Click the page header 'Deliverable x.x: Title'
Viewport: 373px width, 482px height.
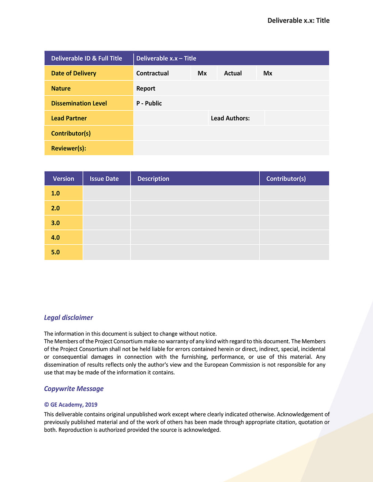point(298,20)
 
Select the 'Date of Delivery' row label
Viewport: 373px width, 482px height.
point(74,73)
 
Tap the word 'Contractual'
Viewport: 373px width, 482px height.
point(152,73)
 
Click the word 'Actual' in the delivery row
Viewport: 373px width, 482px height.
point(233,73)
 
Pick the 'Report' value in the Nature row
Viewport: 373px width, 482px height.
point(146,88)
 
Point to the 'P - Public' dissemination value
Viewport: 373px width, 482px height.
point(149,103)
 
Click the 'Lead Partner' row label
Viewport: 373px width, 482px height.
point(69,118)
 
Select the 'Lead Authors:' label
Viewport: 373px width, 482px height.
point(230,118)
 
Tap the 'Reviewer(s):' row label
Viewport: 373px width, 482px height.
point(68,148)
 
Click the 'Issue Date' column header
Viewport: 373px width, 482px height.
point(104,179)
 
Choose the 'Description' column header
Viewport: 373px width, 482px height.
point(153,179)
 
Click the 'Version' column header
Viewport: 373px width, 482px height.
point(63,179)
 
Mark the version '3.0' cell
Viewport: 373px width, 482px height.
point(56,223)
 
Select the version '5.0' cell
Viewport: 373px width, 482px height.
point(56,252)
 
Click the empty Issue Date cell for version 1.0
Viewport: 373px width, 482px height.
point(106,193)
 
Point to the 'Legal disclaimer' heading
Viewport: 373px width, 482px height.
point(68,317)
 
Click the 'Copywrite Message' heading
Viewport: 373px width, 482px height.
point(74,389)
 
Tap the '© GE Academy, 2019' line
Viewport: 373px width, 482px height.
point(71,405)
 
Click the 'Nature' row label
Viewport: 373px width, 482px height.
point(61,88)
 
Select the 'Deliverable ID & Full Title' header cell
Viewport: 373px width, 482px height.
point(87,58)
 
